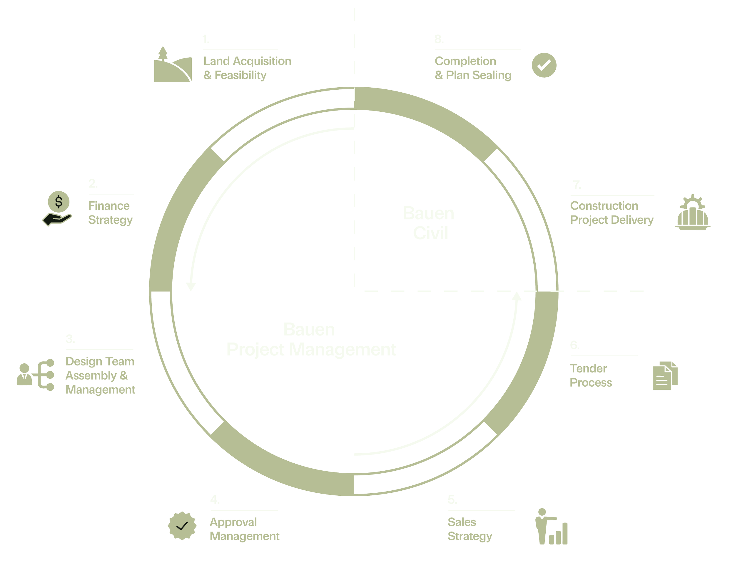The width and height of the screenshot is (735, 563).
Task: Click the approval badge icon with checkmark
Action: point(182,525)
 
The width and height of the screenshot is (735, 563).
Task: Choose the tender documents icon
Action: point(665,375)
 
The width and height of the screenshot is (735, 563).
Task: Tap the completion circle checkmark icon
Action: point(544,65)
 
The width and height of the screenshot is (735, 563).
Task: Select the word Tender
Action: point(588,368)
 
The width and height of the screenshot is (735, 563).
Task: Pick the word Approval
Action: point(233,522)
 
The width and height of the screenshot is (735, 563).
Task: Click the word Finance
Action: point(108,206)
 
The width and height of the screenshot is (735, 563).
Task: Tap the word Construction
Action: point(604,206)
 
